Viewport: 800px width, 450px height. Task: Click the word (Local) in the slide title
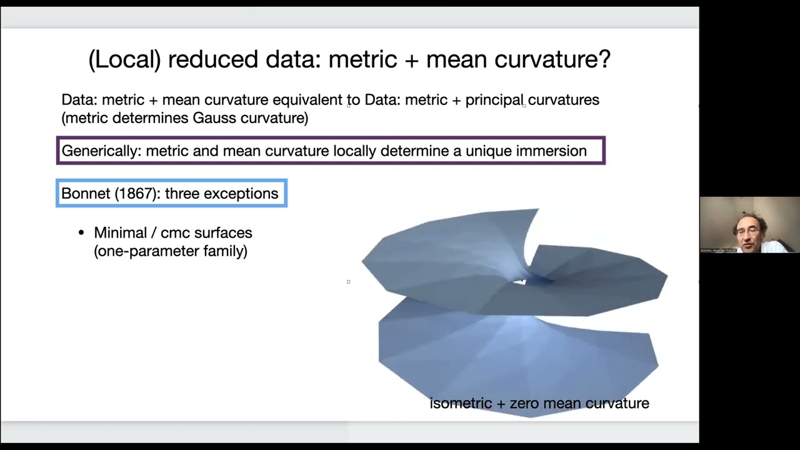coord(124,59)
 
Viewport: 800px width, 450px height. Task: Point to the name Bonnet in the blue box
coord(85,194)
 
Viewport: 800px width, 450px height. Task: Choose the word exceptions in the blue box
coord(241,194)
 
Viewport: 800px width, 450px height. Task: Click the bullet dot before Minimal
coord(81,233)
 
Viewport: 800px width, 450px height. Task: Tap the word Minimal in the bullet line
coord(121,233)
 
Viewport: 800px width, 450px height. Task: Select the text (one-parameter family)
coord(171,251)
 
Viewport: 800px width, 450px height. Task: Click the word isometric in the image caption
coord(461,404)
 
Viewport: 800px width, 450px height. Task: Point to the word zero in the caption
coord(526,404)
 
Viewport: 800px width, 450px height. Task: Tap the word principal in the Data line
coord(494,100)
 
